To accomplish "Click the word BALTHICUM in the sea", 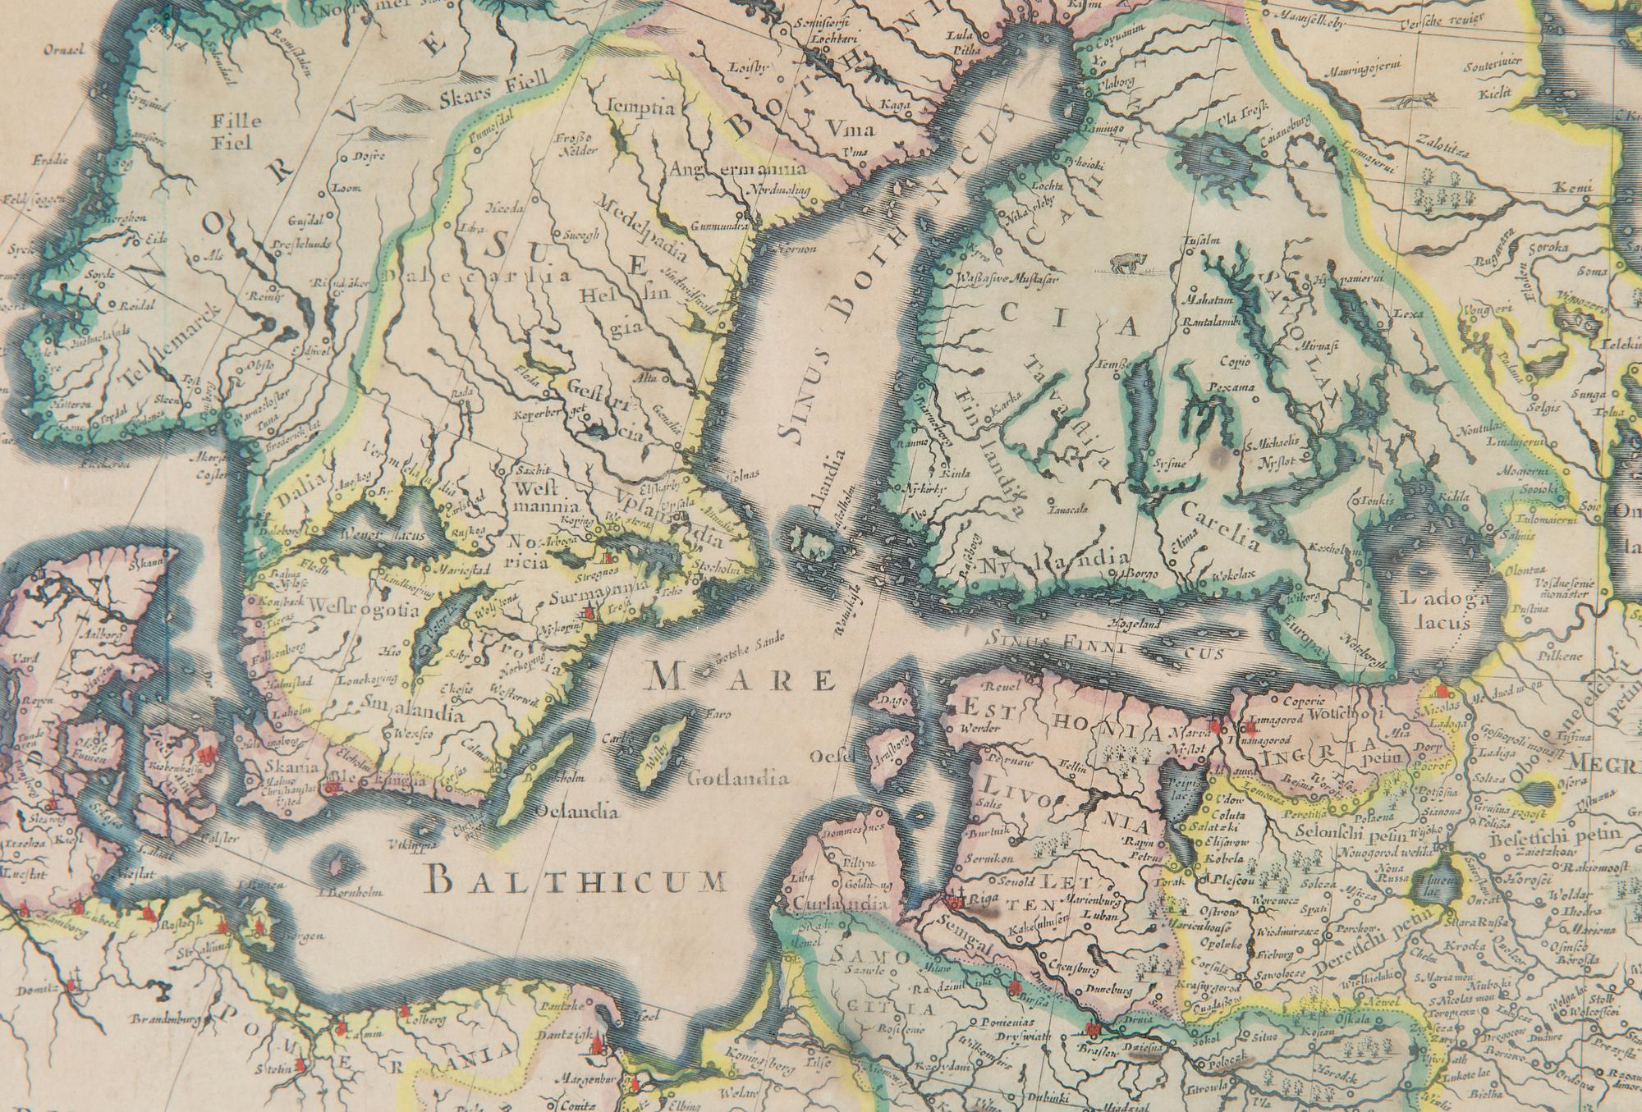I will (x=578, y=881).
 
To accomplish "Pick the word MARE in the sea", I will (x=740, y=678).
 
